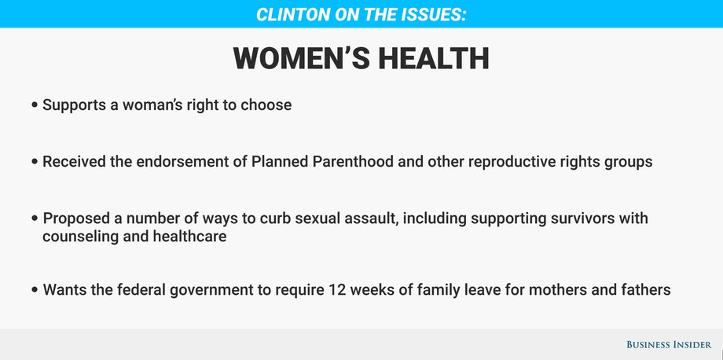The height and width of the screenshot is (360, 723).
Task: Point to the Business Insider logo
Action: click(x=669, y=344)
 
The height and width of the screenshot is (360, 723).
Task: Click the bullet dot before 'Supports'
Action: click(x=35, y=105)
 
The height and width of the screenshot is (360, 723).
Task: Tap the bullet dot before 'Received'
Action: click(x=35, y=162)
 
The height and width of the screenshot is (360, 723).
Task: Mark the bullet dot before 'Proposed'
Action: click(x=35, y=219)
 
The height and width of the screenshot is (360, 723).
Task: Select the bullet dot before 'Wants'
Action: click(x=35, y=290)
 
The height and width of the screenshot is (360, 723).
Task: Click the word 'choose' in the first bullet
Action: click(x=266, y=105)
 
